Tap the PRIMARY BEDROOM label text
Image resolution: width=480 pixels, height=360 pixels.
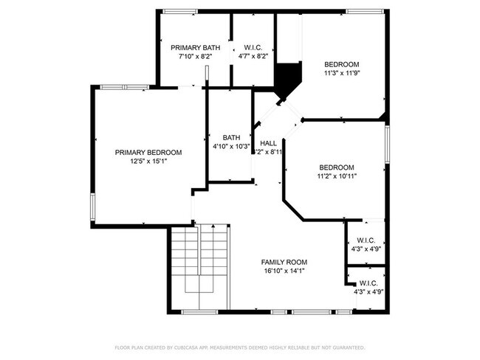tap(148, 152)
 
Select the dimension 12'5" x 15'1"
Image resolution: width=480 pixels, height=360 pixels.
tap(148, 161)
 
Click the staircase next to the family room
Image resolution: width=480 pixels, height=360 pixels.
tap(199, 266)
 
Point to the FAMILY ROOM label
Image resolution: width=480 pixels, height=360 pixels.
tap(284, 262)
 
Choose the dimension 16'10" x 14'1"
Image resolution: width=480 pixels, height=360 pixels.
tap(284, 271)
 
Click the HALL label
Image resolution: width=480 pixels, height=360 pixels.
tap(269, 143)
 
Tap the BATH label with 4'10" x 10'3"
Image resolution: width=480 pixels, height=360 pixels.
tap(232, 137)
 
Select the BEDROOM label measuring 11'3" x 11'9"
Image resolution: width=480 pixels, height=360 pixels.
tap(342, 64)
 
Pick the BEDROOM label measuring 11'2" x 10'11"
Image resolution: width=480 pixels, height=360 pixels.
tap(336, 167)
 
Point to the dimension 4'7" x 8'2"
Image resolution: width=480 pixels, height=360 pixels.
tap(253, 55)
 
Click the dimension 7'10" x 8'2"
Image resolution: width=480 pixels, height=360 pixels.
tap(195, 55)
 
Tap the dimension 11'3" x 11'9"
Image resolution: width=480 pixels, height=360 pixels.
tap(342, 73)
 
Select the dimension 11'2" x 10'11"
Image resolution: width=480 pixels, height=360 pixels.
tap(336, 176)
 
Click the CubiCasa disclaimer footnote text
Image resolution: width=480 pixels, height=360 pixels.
tap(239, 347)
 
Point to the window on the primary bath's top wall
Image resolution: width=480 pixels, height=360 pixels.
tap(179, 11)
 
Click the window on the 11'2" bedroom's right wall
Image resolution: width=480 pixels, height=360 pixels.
tap(386, 144)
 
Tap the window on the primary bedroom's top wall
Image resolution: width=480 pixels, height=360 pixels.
tap(124, 87)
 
